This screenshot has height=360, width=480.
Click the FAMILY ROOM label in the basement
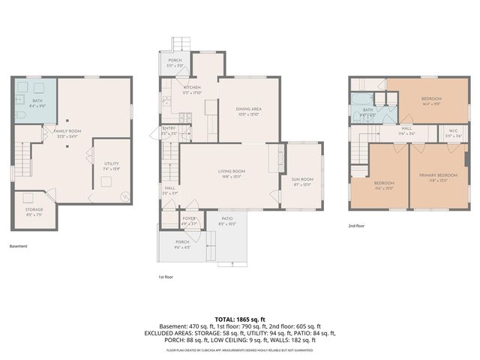click(x=67, y=130)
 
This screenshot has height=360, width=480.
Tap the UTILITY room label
click(x=111, y=163)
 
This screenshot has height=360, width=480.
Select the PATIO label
click(x=226, y=219)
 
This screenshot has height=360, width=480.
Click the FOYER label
click(x=189, y=218)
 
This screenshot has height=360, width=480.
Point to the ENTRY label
click(x=169, y=128)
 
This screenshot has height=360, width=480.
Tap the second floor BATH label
click(x=367, y=109)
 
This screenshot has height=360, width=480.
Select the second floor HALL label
click(x=406, y=129)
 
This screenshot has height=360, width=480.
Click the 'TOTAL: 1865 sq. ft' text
click(x=240, y=319)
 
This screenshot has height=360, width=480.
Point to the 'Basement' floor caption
click(x=18, y=246)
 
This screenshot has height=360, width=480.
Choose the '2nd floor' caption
click(x=357, y=225)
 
